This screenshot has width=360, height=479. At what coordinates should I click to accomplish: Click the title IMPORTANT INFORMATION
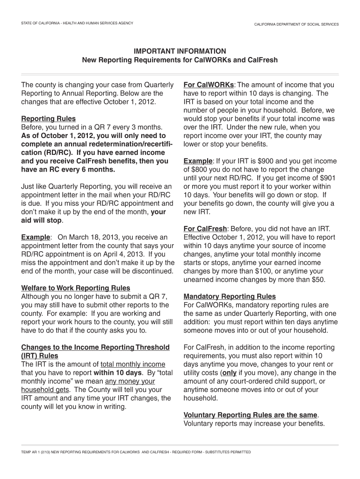(x=180, y=51)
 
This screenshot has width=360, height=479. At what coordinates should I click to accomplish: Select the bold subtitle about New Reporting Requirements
(x=180, y=60)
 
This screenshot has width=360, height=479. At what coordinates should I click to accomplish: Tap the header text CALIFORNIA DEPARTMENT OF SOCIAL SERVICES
(x=296, y=24)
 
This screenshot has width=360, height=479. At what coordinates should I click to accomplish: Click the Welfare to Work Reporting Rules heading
(x=76, y=288)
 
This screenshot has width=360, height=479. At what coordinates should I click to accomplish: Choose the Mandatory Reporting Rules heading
(x=230, y=297)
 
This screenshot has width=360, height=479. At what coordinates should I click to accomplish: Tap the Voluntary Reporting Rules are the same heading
(x=251, y=415)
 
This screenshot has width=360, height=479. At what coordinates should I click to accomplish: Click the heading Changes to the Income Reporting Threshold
(x=95, y=347)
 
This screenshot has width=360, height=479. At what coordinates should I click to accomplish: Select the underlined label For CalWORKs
(x=209, y=85)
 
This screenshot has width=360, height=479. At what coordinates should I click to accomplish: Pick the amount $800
(x=200, y=169)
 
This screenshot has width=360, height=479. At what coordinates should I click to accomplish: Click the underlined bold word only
(x=229, y=373)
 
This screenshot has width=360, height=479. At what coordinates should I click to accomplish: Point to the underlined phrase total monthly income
(x=133, y=364)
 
